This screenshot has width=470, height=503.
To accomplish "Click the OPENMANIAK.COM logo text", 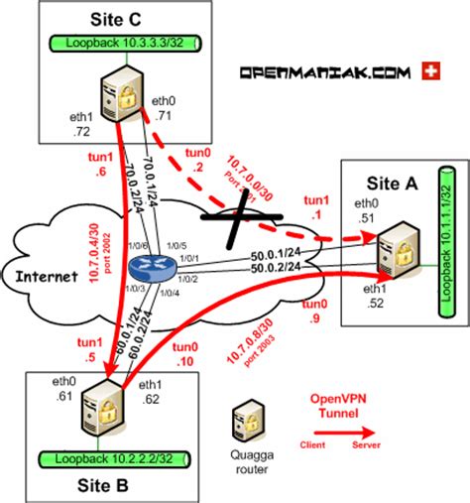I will [324, 72].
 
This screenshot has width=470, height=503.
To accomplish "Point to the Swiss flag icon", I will [430, 71].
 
